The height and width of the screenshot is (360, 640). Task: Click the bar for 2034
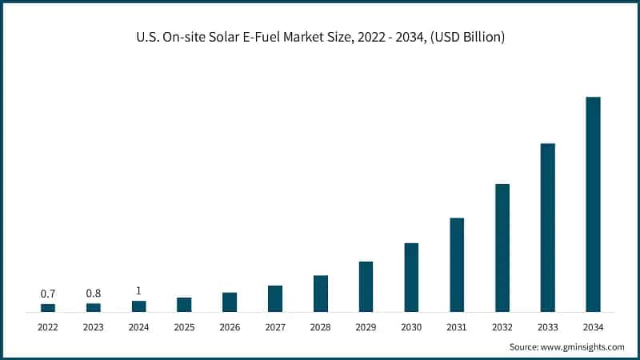pyautogui.click(x=593, y=204)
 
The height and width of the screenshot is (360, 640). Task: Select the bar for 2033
pyautogui.click(x=548, y=227)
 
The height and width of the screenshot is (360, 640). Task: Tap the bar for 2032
pyautogui.click(x=502, y=247)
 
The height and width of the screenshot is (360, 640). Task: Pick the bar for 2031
pyautogui.click(x=457, y=264)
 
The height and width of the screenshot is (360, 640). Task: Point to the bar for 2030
pyautogui.click(x=411, y=277)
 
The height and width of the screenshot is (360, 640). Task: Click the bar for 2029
pyautogui.click(x=366, y=286)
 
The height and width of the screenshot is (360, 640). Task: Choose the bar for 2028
pyautogui.click(x=321, y=293)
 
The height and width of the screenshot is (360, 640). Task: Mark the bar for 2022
pyautogui.click(x=48, y=307)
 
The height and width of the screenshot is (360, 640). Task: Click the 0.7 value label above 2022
pyautogui.click(x=48, y=294)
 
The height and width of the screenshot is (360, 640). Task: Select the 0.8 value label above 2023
pyautogui.click(x=94, y=294)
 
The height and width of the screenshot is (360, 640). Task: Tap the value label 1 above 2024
pyautogui.click(x=139, y=290)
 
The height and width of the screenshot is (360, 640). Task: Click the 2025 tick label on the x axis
pyautogui.click(x=184, y=326)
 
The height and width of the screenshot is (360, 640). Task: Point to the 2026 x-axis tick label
pyautogui.click(x=230, y=326)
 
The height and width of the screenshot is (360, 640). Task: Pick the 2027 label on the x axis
pyautogui.click(x=275, y=326)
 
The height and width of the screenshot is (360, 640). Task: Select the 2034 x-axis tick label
pyautogui.click(x=593, y=326)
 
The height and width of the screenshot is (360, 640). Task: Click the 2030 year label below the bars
pyautogui.click(x=411, y=326)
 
